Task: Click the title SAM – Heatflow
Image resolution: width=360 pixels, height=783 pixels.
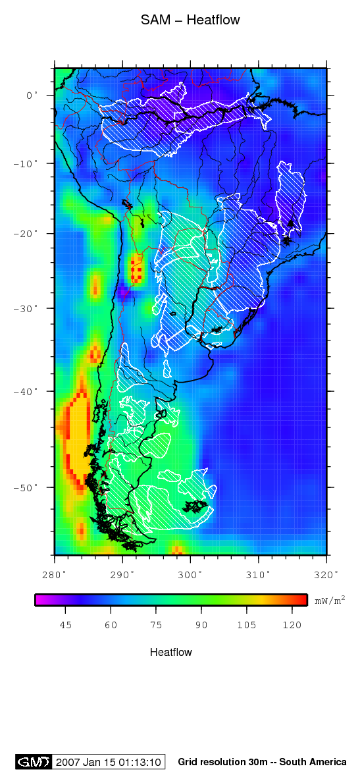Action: (190, 20)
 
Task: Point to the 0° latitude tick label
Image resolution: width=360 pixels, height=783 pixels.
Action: (32, 95)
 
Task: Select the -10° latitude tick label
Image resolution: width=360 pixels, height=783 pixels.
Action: (27, 163)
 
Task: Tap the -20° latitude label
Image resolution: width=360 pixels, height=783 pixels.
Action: (27, 233)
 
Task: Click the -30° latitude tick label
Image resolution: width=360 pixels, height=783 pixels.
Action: (27, 308)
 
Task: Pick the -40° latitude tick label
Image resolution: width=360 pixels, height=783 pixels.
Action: (27, 391)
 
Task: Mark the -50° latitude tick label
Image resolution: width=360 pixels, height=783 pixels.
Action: (27, 487)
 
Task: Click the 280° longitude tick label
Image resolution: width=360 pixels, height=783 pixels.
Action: (55, 575)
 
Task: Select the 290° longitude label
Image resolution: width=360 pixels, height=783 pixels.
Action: (122, 575)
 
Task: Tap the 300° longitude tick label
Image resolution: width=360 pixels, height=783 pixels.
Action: (190, 575)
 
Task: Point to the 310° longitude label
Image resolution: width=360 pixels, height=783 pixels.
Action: (258, 575)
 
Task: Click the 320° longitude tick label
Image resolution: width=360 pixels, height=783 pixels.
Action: (326, 575)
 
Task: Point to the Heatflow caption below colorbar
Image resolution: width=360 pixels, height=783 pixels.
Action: (171, 653)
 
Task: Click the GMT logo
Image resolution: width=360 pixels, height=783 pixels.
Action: (33, 762)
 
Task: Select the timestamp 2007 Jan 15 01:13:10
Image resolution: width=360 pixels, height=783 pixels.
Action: (109, 762)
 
